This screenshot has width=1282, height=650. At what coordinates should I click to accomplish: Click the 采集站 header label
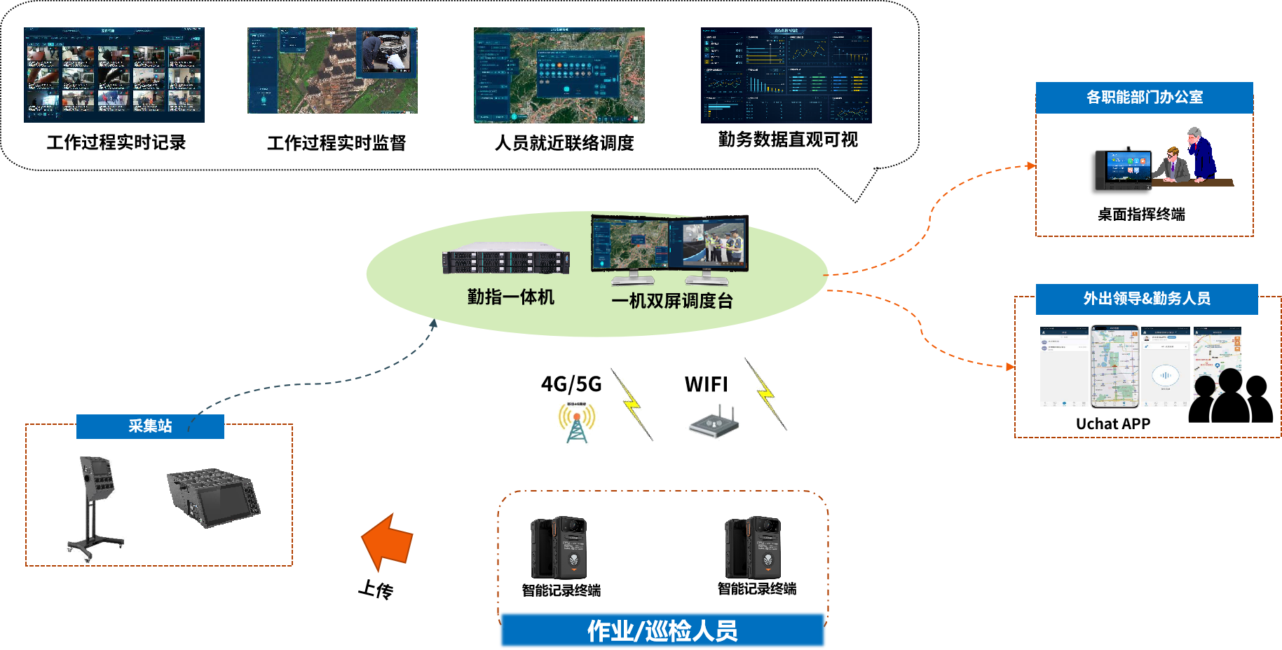coord(150,426)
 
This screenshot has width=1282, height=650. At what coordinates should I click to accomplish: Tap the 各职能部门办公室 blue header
coord(1144,97)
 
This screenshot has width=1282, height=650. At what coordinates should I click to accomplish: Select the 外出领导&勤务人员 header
coord(1146,299)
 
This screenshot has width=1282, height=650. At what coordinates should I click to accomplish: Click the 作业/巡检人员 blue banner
coord(662,630)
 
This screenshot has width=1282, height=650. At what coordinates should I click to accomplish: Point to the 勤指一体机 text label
coord(510,297)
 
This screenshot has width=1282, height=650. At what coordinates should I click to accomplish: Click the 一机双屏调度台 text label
coord(671,301)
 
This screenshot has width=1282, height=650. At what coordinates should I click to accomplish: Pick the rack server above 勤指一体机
coord(505,261)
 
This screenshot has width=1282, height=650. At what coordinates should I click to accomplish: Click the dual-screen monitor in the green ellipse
coord(669,247)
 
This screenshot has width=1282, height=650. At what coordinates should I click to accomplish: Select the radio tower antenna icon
coord(577,422)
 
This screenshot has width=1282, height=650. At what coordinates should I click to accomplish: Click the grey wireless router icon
coord(714,423)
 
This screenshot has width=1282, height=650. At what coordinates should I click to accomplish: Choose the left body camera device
coord(559,548)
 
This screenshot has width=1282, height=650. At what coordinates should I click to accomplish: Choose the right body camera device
coord(753,548)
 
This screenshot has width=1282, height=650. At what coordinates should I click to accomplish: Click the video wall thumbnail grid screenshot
coord(114,75)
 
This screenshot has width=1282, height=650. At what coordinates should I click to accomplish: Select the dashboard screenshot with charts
coord(786,75)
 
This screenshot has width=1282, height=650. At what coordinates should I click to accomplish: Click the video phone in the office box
coord(1124,170)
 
